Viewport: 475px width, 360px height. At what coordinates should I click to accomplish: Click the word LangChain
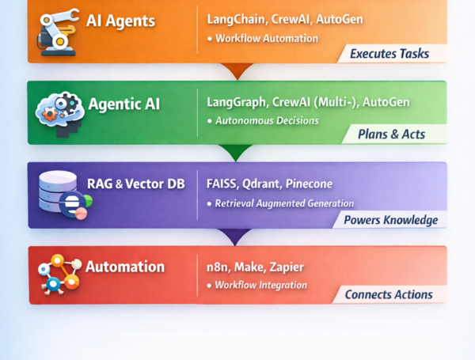point(235,18)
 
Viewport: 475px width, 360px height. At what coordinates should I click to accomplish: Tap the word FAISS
point(223,184)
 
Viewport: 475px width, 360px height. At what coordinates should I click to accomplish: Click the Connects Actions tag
point(389,294)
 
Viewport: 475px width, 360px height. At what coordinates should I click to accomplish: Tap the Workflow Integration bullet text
point(261,285)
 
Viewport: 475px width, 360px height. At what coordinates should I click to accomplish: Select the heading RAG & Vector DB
point(135,184)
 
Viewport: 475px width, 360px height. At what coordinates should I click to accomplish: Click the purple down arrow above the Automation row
point(235,236)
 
